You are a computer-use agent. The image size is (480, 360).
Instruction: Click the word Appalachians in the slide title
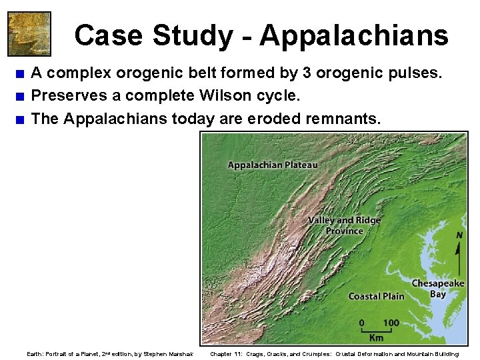point(354,35)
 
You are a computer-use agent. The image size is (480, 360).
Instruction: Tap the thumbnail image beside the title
point(29,33)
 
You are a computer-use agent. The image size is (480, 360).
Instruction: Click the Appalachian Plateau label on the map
point(273,165)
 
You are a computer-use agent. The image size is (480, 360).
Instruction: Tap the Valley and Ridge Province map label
point(345,225)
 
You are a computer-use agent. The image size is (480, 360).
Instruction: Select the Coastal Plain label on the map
point(376,296)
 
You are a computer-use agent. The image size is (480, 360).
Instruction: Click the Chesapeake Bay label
point(438,288)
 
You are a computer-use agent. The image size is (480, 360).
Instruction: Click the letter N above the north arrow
point(459,235)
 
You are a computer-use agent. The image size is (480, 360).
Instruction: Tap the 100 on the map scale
point(391,323)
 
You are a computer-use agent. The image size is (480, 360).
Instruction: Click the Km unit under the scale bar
point(375,337)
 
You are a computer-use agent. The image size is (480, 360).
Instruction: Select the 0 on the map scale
point(362,323)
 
